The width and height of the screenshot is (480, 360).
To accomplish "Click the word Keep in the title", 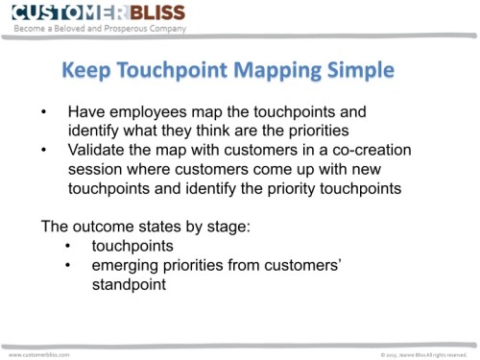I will pos(87,71).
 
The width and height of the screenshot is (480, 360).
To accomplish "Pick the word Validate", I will pos(97,150).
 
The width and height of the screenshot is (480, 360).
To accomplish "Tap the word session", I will pos(95,169).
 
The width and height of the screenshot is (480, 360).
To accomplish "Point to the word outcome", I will pos(107,228).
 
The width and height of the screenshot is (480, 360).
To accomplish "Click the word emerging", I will pos(126,266).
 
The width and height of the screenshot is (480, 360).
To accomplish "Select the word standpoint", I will pos(129,285).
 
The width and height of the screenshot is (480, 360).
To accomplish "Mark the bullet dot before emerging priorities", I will pos(68,266).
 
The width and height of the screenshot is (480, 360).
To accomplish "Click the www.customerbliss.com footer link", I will pos(39,353).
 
